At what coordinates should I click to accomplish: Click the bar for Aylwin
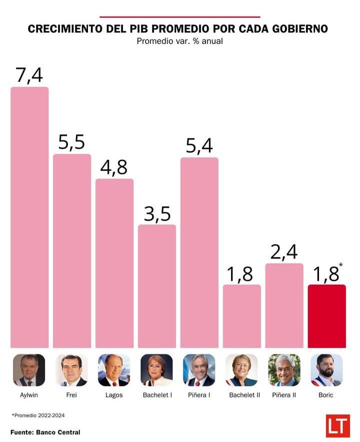point(29,217)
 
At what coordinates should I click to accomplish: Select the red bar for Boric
point(326,316)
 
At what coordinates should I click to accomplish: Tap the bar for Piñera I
point(199,252)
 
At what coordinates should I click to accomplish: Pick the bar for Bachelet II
point(241,316)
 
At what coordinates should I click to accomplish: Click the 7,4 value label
point(29,75)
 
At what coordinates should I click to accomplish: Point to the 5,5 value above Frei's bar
point(72,143)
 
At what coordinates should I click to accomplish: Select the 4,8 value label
point(114,168)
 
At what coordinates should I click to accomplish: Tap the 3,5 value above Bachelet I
point(157,213)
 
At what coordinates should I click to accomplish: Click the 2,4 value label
point(284,252)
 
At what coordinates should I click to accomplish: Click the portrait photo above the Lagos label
point(114,370)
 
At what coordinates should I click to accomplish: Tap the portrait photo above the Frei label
point(71,370)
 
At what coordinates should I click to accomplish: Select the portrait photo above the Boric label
point(326,370)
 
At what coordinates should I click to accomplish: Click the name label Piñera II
point(284,395)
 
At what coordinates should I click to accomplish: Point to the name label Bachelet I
point(156,395)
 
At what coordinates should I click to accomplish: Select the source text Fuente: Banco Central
point(45,432)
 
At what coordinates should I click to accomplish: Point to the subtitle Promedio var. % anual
point(179,41)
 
